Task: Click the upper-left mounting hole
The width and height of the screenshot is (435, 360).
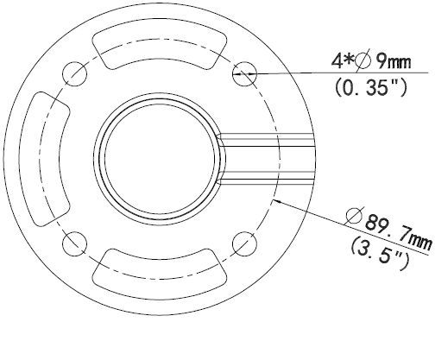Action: coord(74,73)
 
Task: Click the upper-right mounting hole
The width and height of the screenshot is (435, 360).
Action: coord(244,73)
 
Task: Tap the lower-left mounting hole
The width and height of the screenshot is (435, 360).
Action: coord(74,243)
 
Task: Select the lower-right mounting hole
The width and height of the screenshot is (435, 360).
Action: coord(244,243)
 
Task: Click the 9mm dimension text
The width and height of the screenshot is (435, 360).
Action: coord(394,61)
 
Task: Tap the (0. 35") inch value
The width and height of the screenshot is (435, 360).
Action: coord(371,87)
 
